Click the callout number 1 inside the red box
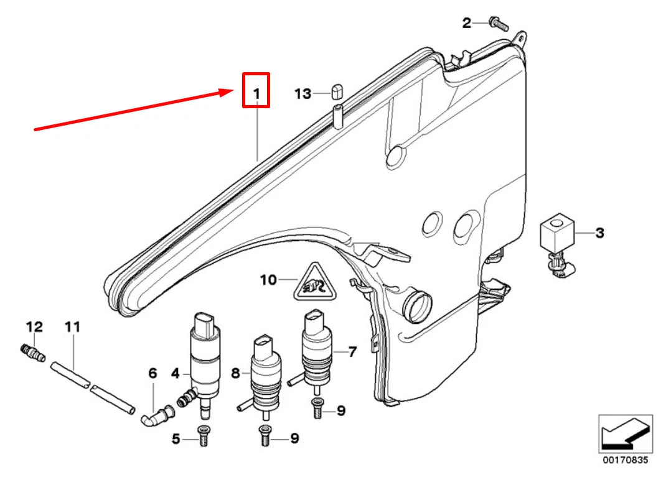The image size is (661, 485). pos(256,93)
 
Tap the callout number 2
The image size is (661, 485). pos(466,23)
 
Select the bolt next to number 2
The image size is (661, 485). pos(499,24)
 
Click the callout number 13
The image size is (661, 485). pos(302,93)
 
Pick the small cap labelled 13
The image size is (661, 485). pos(337,91)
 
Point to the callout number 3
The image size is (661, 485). pos(599,233)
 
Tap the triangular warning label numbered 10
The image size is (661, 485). pos(316,282)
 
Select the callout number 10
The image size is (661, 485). pos(268,280)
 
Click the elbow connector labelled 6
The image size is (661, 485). pos(157,414)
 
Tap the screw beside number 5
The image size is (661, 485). pos(203,436)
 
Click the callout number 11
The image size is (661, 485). pos(72,326)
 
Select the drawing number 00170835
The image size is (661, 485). pos(625,460)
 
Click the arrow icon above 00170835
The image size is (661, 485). pos(625,434)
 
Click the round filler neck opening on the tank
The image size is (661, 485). pos(418,307)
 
